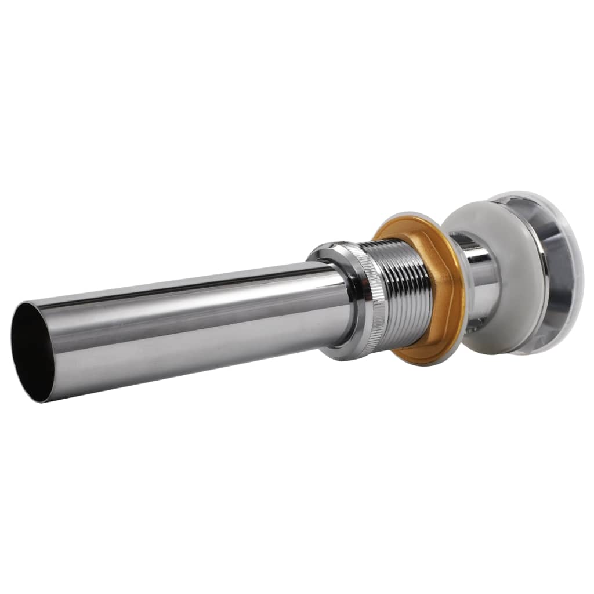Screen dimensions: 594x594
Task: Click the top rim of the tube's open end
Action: pyautogui.click(x=23, y=305)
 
